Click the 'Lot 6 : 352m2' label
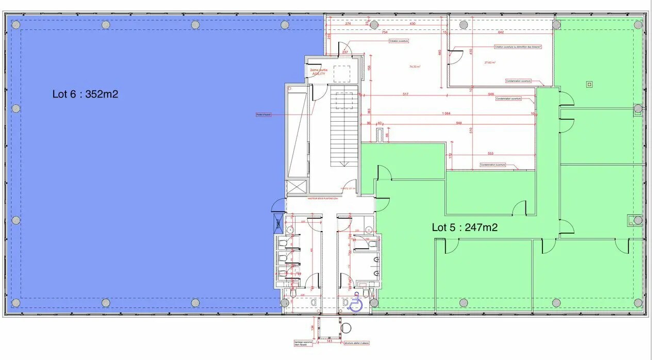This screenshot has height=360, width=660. tap(86, 94)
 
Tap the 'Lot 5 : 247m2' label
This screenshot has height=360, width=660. tap(465, 227)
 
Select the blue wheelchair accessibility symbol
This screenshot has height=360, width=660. tap(355, 304)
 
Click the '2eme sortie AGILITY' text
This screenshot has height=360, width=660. tap(319, 72)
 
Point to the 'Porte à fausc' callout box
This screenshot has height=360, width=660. tap(263, 114)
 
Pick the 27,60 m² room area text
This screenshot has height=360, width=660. tap(489, 63)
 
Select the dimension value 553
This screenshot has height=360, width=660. tap(490, 154)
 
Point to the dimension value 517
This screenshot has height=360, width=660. tap(405, 94)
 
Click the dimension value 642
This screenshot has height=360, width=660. tap(500, 32)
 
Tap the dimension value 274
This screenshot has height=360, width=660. tap(348, 24)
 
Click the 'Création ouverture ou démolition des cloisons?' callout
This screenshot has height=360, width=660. tap(517, 47)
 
